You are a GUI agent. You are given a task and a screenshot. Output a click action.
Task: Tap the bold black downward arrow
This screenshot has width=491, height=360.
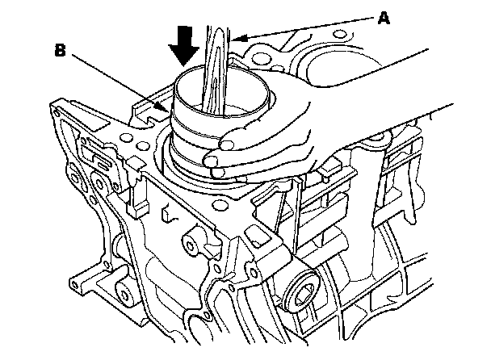click(x=185, y=45)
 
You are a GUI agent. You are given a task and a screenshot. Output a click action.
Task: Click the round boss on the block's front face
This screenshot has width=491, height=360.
click(x=192, y=240)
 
